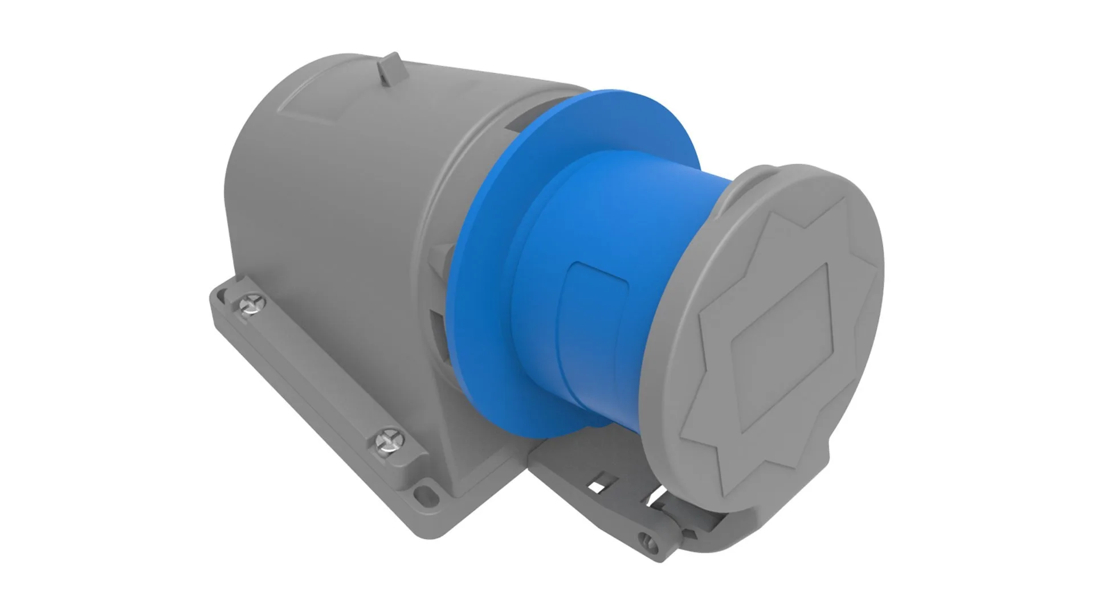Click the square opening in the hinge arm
coord(598,487)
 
